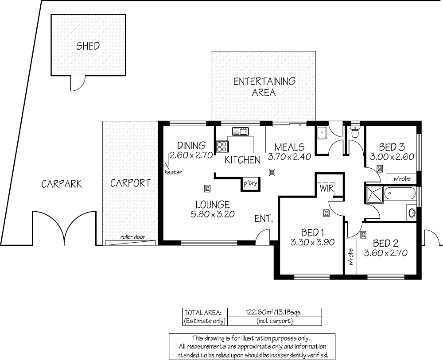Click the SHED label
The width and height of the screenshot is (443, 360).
click(88, 46)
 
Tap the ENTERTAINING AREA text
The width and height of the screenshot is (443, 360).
click(264, 87)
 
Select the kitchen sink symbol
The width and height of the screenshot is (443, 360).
click(241, 131)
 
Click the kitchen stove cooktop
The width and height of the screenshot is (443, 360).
click(222, 147)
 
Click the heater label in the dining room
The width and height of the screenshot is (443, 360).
click(173, 173)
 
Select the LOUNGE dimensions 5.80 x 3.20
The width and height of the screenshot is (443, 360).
click(213, 214)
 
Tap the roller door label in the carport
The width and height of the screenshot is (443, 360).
click(132, 237)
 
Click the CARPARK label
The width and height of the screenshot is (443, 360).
click(62, 184)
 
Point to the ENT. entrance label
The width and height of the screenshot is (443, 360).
click(263, 218)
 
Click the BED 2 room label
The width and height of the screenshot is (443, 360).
click(385, 243)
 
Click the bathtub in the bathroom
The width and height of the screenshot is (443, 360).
click(400, 194)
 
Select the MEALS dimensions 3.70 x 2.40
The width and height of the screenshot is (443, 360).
click(290, 156)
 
